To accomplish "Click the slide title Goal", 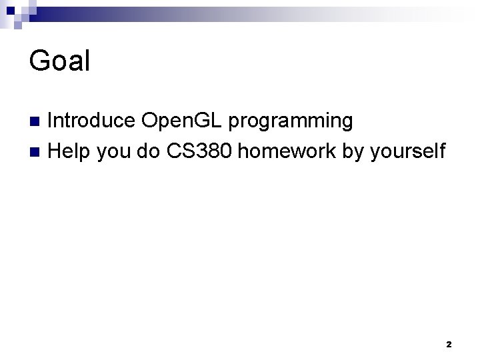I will click(59, 61).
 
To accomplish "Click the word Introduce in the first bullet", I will click(92, 121).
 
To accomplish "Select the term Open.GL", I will click(183, 121).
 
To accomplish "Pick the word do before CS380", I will click(150, 151).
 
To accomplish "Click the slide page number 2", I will click(448, 345).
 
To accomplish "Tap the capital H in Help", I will click(55, 151).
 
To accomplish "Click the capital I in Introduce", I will click(51, 121).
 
